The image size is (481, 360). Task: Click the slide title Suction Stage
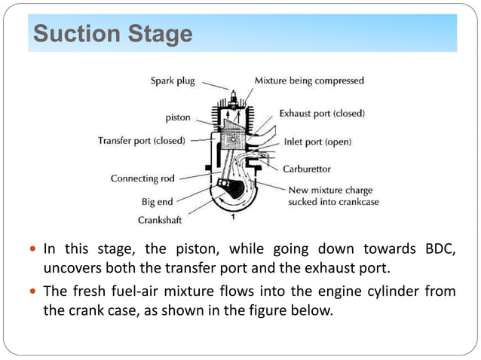pyautogui.click(x=113, y=35)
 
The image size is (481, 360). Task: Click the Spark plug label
pyautogui.click(x=174, y=80)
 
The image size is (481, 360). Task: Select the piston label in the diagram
pyautogui.click(x=178, y=117)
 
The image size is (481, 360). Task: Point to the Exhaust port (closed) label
pyautogui.click(x=322, y=113)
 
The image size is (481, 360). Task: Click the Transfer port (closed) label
pyautogui.click(x=142, y=140)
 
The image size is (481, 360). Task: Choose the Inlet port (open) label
pyautogui.click(x=317, y=141)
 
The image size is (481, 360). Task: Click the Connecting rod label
pyautogui.click(x=144, y=178)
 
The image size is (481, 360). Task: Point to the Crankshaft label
pyautogui.click(x=159, y=220)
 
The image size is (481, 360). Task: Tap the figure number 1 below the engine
pyautogui.click(x=233, y=217)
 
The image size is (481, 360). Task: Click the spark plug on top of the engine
pyautogui.click(x=234, y=96)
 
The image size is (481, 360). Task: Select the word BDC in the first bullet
pyautogui.click(x=440, y=249)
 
